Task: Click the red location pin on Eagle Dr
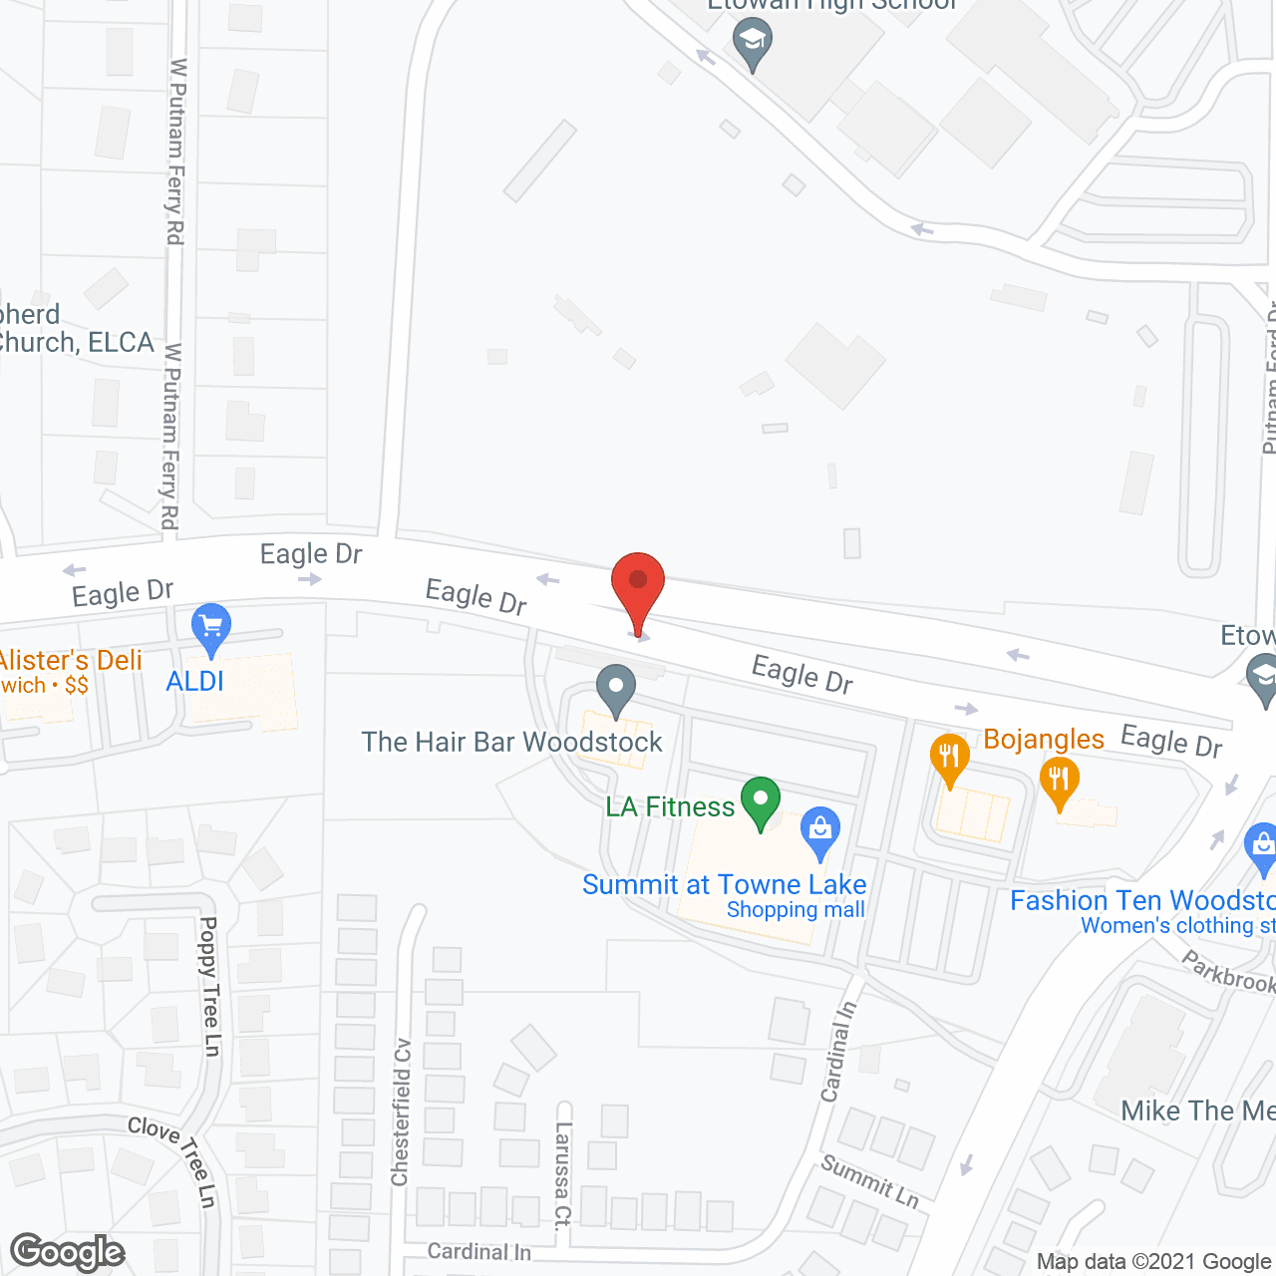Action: point(637,583)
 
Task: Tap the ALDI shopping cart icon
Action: point(210,627)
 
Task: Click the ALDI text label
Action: point(195,682)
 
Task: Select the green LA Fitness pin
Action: point(761,799)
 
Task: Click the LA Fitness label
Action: point(670,806)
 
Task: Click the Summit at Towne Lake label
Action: point(725,885)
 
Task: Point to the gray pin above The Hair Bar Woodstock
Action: point(616,687)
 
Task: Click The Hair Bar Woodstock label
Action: point(511,742)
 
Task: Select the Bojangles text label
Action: point(1044,739)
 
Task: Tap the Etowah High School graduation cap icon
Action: point(753,42)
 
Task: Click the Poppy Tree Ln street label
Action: point(210,986)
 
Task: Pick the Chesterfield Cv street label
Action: point(401,1126)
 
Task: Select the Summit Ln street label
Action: point(869,1180)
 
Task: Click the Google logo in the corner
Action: point(68,1252)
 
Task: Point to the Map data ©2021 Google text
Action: point(1153,1262)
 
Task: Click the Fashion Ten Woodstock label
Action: point(1142,900)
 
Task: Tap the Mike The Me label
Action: point(1197,1111)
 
